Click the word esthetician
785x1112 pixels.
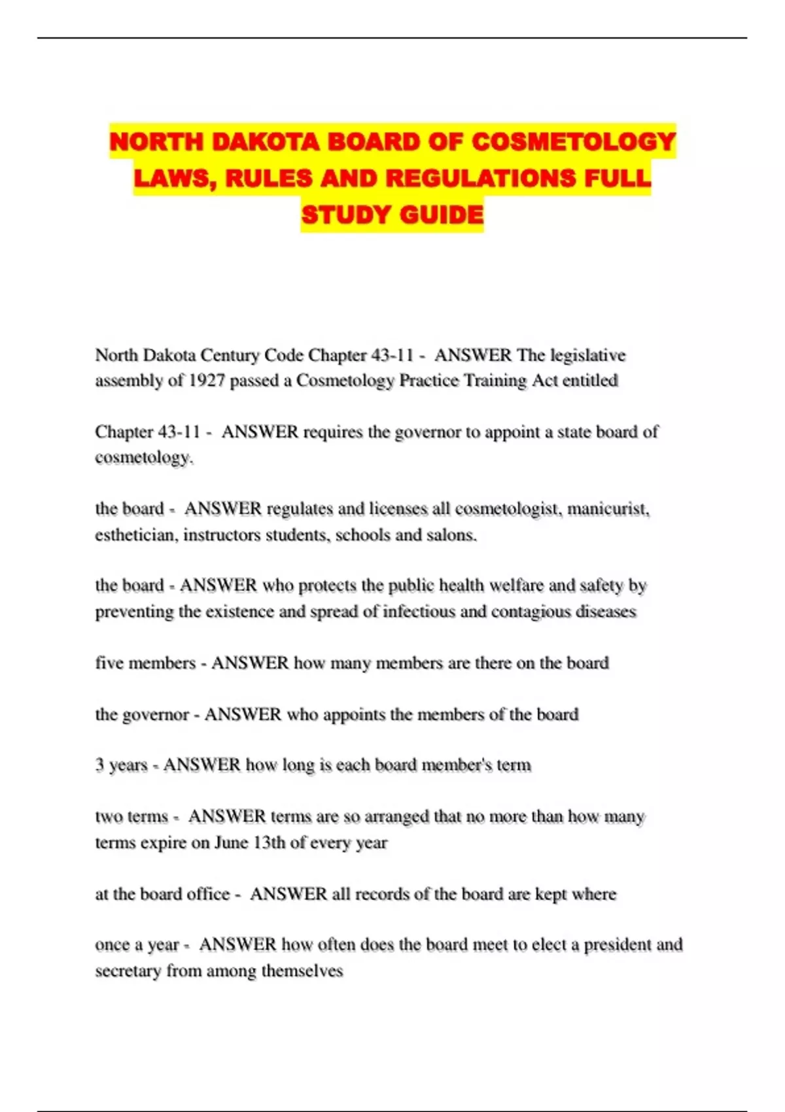135,535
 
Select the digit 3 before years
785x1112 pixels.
99,765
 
